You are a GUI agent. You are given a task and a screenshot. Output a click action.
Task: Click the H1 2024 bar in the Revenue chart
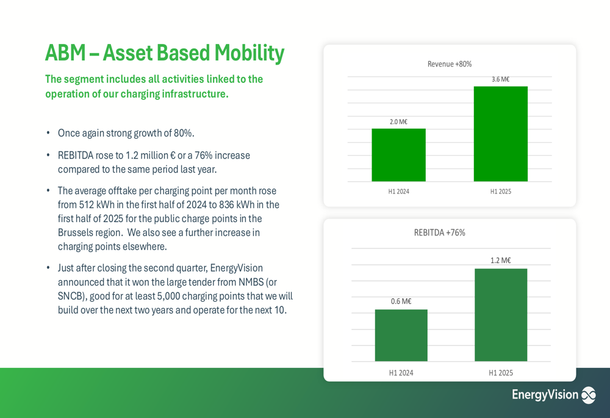398,155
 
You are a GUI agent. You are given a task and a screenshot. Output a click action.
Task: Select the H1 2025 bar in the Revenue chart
500,134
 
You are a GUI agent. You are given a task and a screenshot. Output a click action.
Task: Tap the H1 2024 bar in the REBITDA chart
401,335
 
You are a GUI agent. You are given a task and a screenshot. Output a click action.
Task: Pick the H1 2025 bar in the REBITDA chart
501,315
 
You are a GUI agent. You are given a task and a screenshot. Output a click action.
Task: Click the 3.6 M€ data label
500,79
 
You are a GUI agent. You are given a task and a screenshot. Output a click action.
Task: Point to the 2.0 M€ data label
398,122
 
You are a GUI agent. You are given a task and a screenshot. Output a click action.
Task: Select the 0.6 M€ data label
401,301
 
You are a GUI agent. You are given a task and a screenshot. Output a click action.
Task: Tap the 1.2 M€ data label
500,261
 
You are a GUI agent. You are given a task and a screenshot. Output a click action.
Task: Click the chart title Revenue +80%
449,64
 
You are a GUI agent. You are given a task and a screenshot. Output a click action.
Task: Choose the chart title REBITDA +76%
439,232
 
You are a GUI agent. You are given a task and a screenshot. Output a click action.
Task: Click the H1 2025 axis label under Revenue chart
500,192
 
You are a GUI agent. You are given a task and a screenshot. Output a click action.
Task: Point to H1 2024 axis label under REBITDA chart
401,372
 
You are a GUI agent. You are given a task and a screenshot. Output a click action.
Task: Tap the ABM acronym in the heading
64,54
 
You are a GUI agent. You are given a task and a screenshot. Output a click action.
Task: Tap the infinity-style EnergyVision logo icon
588,395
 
